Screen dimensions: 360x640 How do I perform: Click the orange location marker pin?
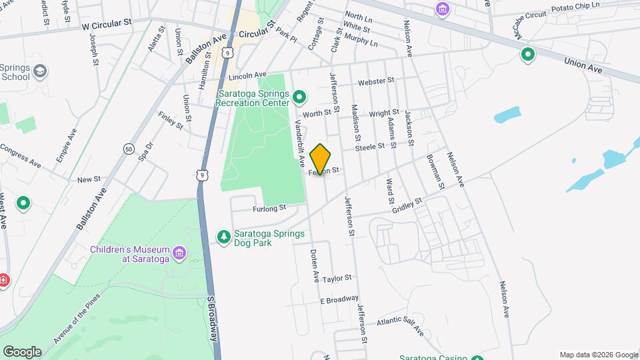(321, 159)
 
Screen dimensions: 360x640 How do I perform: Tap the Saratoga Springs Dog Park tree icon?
(224, 237)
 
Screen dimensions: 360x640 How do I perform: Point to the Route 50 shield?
(128, 150)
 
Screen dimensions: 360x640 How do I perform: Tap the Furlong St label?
(269, 208)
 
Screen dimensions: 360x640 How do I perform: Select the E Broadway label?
(339, 300)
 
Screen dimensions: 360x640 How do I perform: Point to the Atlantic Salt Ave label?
(400, 325)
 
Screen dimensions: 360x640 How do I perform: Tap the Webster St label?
(372, 81)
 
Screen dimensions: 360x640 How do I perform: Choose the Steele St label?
(370, 146)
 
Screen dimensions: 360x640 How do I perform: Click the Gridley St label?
(408, 204)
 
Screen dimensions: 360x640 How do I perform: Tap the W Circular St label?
(107, 23)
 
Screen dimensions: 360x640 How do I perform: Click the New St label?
(89, 179)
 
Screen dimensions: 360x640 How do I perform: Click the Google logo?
(22, 352)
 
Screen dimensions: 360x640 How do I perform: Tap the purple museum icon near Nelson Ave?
(442, 9)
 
